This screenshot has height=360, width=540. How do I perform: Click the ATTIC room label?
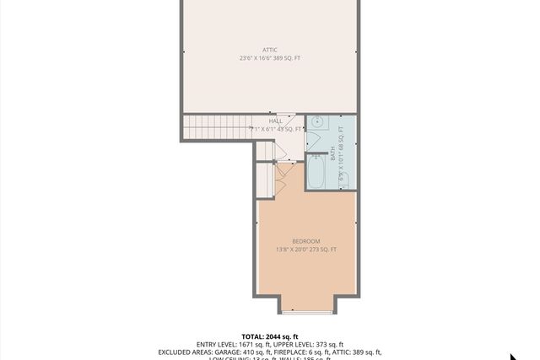pyautogui.click(x=269, y=50)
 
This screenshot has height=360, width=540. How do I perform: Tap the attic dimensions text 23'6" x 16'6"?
pyautogui.click(x=269, y=58)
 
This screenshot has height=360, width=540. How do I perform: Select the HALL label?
pyautogui.click(x=276, y=121)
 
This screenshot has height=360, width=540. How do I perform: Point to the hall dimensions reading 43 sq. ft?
pyautogui.click(x=276, y=129)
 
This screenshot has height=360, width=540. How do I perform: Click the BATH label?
pyautogui.click(x=332, y=156)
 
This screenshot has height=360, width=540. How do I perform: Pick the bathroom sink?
pyautogui.click(x=315, y=122)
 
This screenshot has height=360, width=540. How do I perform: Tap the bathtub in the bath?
pyautogui.click(x=317, y=172)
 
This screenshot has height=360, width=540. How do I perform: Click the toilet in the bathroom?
pyautogui.click(x=343, y=179)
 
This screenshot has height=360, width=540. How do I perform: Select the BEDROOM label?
pyautogui.click(x=306, y=241)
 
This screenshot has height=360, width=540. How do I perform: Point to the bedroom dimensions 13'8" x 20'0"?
pyautogui.click(x=306, y=250)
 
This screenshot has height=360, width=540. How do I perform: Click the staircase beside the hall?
pyautogui.click(x=216, y=128)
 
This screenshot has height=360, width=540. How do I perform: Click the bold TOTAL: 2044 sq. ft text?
pyautogui.click(x=270, y=336)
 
